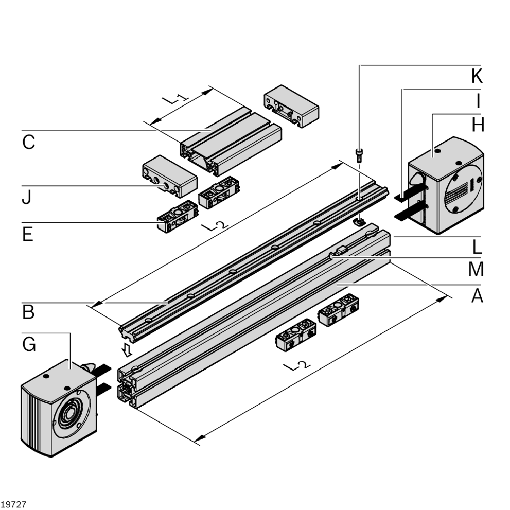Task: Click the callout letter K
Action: (x=477, y=77)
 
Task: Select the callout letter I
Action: (x=478, y=100)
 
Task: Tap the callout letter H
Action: (x=478, y=125)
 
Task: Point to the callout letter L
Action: (x=478, y=247)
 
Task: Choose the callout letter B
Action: (x=28, y=313)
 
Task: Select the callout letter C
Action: (x=29, y=142)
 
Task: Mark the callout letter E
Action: (x=28, y=235)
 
